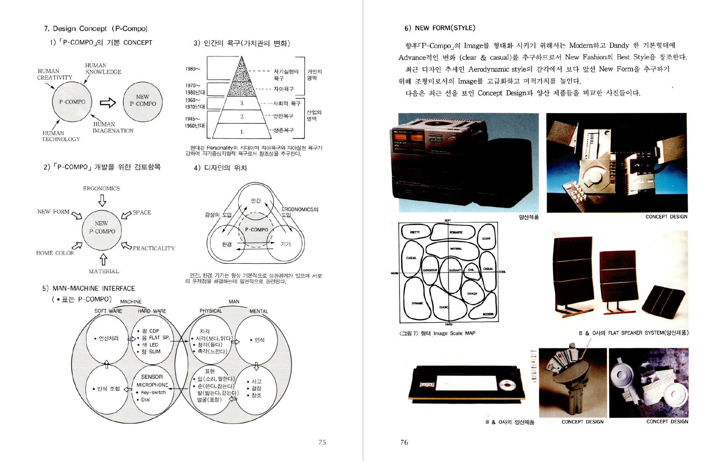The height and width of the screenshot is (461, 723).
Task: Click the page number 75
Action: (x=322, y=442)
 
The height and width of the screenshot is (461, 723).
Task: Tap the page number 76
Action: (x=404, y=442)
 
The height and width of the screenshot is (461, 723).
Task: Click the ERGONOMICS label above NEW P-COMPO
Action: (x=101, y=188)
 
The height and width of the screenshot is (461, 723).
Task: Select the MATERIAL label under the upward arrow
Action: (x=104, y=271)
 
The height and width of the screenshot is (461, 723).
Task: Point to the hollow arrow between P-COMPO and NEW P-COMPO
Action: (x=108, y=102)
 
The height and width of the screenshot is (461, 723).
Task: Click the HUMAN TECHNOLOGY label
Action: (x=61, y=136)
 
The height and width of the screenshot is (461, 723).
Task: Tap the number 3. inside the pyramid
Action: (x=242, y=103)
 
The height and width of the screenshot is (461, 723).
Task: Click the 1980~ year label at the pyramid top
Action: (x=193, y=69)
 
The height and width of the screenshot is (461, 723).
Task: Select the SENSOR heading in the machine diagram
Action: (x=152, y=377)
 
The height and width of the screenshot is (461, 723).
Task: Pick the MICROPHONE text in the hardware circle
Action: (x=152, y=385)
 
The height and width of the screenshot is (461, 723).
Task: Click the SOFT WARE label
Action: (x=108, y=311)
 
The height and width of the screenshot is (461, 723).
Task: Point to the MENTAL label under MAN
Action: (x=259, y=311)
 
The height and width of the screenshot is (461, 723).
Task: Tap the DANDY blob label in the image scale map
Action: (x=472, y=294)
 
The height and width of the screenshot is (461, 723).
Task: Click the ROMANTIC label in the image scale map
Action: (x=456, y=232)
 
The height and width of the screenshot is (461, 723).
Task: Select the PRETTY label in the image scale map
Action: (x=415, y=232)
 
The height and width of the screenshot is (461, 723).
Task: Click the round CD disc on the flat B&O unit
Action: (x=506, y=385)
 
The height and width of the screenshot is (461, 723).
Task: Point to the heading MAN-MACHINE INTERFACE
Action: (x=94, y=288)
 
